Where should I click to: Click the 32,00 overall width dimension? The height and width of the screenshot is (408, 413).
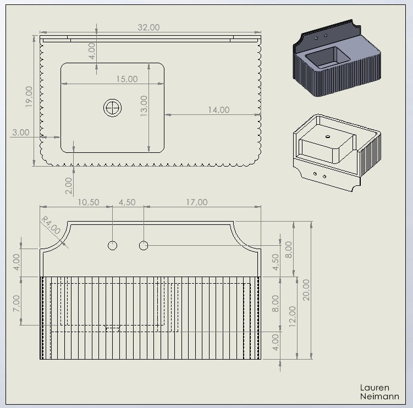tap(148, 27)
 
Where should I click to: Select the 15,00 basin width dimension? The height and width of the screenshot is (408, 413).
tap(127, 79)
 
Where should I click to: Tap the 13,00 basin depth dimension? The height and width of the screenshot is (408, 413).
tap(144, 106)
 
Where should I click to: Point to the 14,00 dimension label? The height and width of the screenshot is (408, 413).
tap(219, 110)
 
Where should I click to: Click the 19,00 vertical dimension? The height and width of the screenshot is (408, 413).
tap(29, 97)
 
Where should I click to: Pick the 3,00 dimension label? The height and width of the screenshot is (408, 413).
tap(21, 132)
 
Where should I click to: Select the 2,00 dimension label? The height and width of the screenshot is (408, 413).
tap(69, 186)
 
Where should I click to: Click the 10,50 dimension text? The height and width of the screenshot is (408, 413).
tap(89, 202)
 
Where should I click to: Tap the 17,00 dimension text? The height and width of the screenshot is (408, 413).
tap(197, 202)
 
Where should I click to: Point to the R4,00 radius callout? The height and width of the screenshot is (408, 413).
tap(51, 225)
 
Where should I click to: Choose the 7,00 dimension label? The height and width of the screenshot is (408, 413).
tap(16, 303)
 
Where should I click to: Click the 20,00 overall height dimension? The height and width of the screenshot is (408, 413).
tap(306, 290)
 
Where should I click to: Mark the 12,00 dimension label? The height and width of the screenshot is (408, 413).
tap(293, 317)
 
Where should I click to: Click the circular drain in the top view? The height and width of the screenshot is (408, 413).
tap(113, 108)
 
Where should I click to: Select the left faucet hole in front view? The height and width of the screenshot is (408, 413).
tap(113, 245)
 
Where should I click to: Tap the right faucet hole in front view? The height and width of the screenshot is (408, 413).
tap(144, 245)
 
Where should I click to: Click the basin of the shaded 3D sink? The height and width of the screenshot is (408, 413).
tap(327, 58)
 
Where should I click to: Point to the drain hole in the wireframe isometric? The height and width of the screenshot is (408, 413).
tap(328, 137)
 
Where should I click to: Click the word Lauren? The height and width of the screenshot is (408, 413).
tap(375, 388)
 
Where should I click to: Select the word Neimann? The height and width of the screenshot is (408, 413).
tap(379, 396)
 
